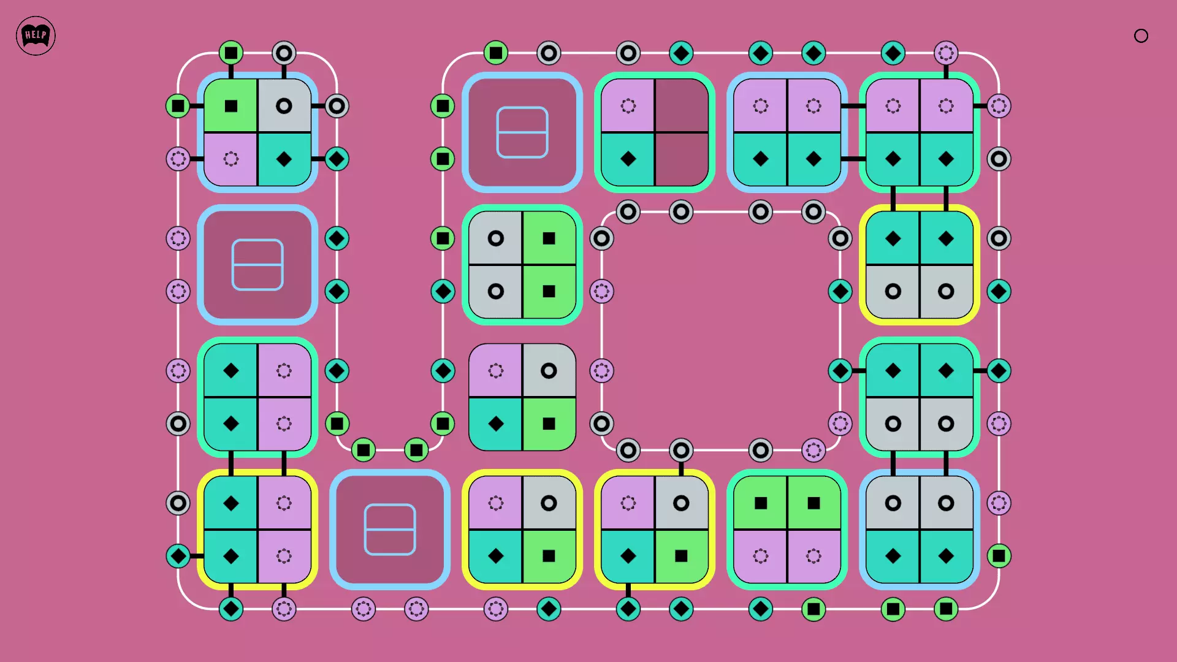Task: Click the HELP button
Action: coord(36,36)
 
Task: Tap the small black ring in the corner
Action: coord(1141,36)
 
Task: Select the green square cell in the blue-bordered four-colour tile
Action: coord(231,106)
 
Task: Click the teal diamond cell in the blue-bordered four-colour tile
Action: coord(284,159)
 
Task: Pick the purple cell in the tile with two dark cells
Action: coord(628,106)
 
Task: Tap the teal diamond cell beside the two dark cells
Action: coord(628,159)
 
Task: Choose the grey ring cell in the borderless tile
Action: coord(549,371)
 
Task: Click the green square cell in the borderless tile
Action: coord(549,424)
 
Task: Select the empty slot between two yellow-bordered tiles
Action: coord(390,530)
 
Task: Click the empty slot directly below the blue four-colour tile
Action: coord(257,265)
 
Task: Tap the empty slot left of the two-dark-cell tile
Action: coord(522,132)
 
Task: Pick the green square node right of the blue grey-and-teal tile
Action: coord(999,556)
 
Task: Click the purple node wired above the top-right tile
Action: coord(946,53)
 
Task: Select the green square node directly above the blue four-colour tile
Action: coord(231,53)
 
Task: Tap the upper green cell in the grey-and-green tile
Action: coord(549,238)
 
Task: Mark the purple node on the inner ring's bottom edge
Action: coord(813,451)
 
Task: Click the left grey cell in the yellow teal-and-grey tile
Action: coord(893,291)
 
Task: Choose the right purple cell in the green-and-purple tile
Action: coord(813,556)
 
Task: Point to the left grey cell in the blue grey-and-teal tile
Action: coord(893,503)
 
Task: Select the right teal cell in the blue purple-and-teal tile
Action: coord(813,159)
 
